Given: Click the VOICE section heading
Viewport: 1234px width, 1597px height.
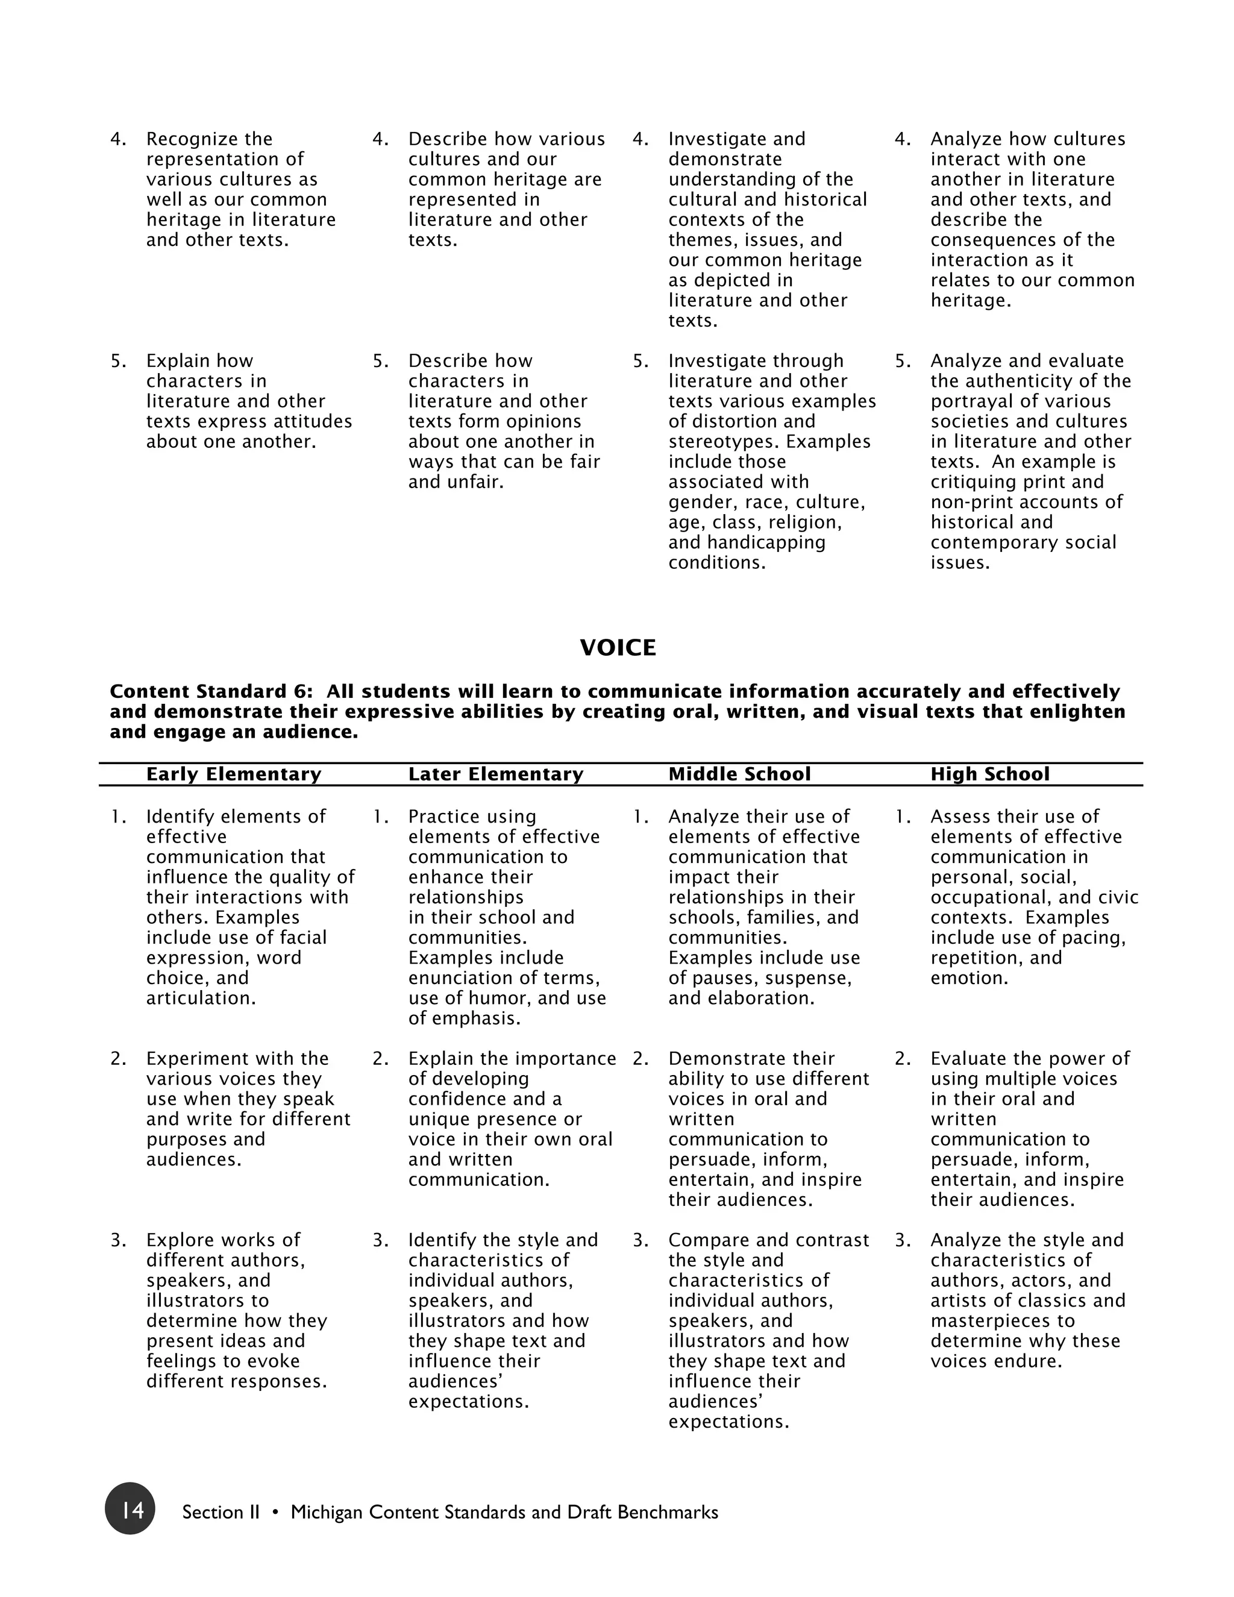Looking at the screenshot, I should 618,648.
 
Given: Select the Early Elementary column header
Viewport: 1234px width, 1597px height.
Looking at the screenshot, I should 233,774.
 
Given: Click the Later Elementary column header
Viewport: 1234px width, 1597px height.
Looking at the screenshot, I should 496,774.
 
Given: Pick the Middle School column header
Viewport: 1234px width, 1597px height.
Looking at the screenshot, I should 739,774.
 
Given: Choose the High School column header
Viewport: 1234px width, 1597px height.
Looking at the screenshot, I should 989,774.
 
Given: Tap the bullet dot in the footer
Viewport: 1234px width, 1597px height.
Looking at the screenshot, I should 275,1512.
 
